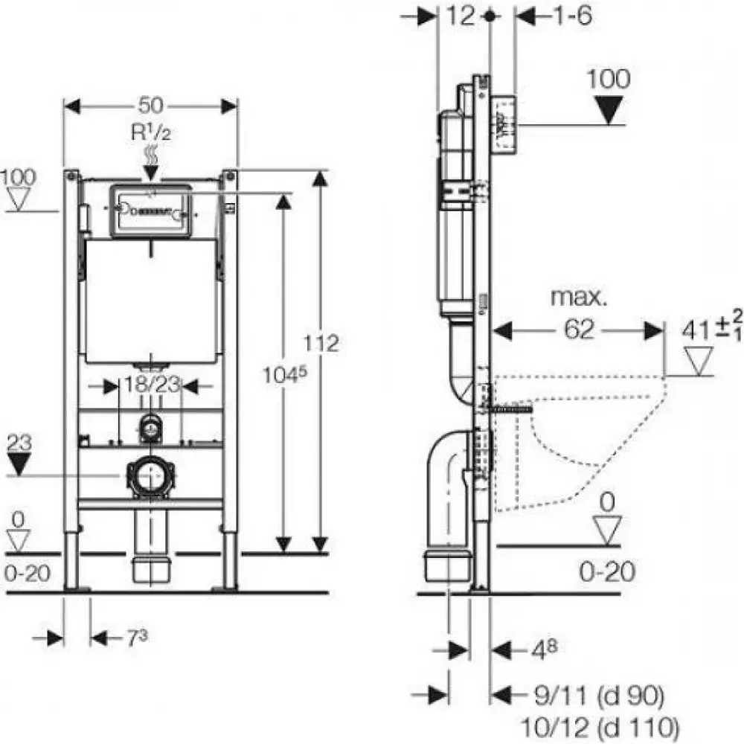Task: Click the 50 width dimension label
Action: click(x=150, y=105)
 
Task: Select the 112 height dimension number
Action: click(x=321, y=343)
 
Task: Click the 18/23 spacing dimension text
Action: click(x=152, y=385)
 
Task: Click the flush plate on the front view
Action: click(x=151, y=210)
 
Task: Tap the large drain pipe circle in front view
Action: click(x=151, y=476)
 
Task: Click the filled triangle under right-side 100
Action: click(x=609, y=110)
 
